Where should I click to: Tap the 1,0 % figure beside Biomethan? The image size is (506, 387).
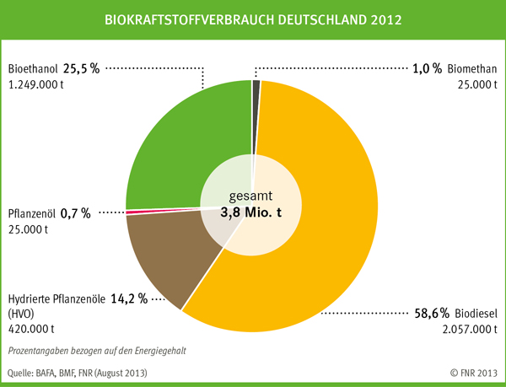(427, 68)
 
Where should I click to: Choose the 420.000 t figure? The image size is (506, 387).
(31, 329)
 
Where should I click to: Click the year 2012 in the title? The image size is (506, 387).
(384, 18)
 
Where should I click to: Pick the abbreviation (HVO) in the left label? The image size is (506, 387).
(22, 314)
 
